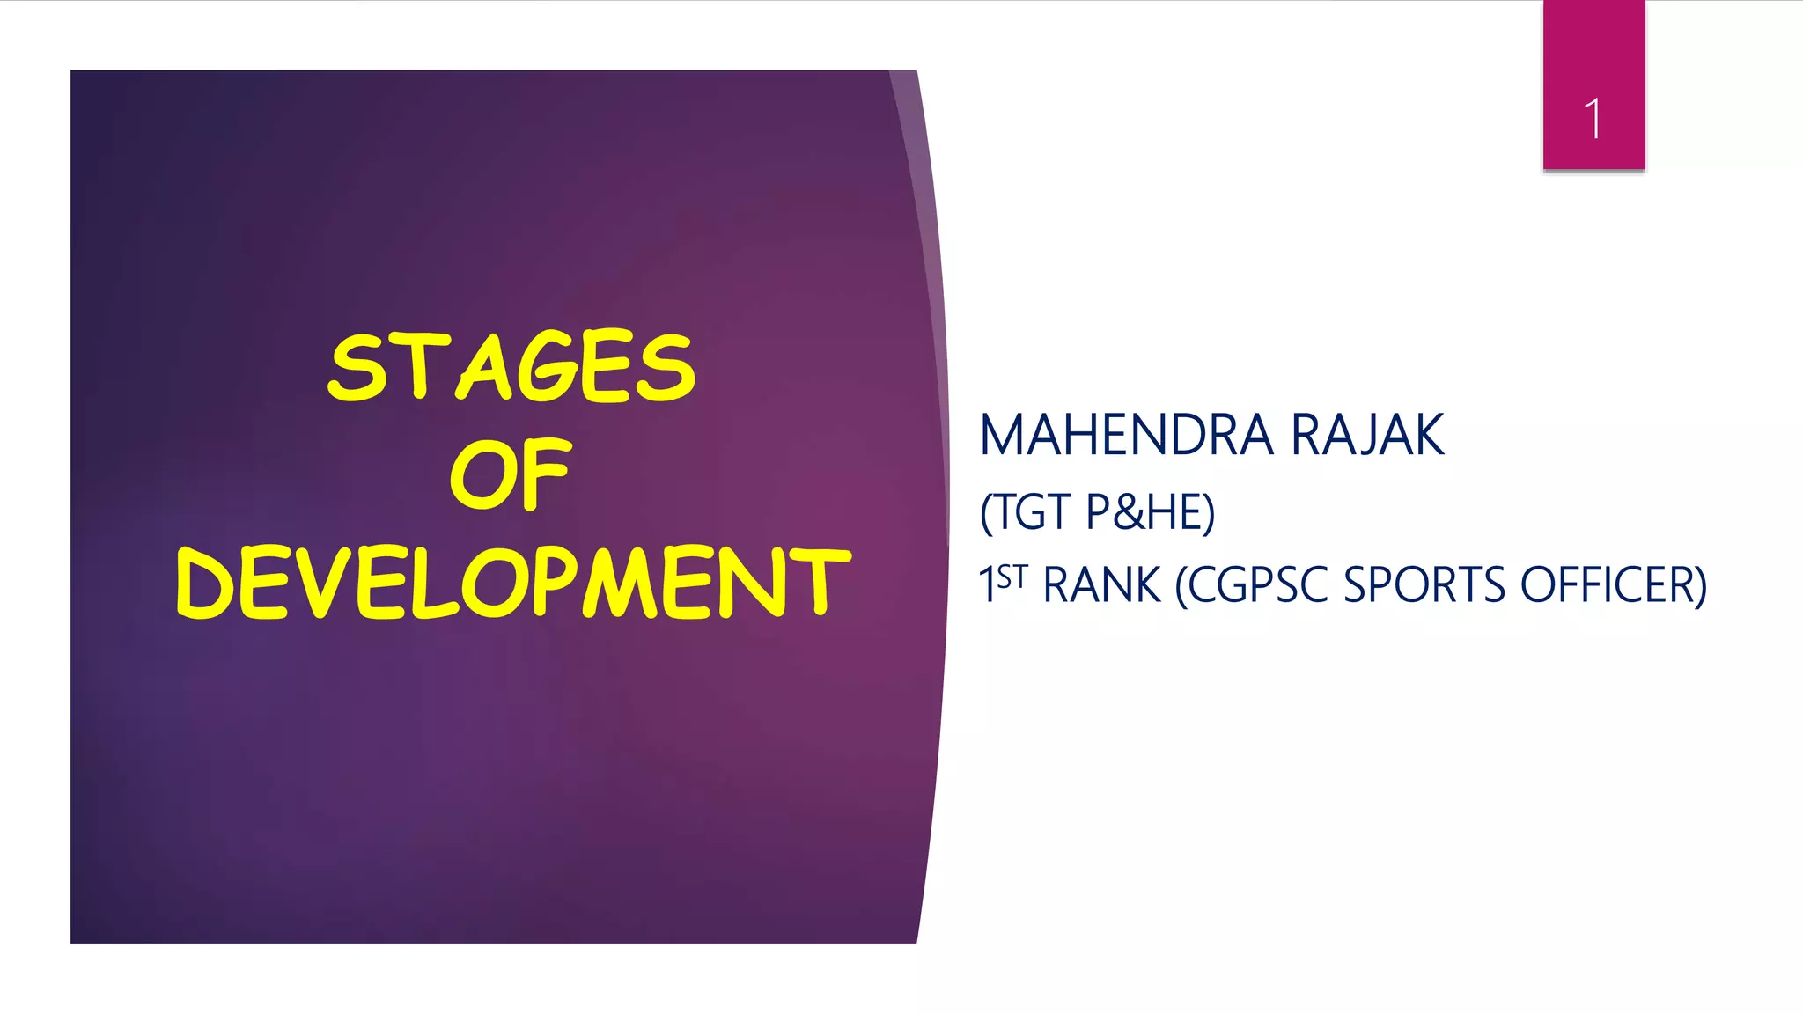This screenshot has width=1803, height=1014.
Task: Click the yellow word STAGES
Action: [x=511, y=367]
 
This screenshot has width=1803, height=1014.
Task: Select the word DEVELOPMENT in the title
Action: [x=513, y=582]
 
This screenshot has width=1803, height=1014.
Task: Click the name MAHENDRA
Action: [x=1126, y=435]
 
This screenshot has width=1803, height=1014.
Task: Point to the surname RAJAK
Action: [x=1366, y=435]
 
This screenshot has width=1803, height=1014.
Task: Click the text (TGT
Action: [x=1025, y=512]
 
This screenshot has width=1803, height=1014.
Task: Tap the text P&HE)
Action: [x=1150, y=512]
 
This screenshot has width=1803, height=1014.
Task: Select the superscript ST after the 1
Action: [x=1012, y=577]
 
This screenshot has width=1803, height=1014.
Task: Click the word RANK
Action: [x=1101, y=585]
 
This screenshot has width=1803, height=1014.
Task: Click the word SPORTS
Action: [x=1424, y=585]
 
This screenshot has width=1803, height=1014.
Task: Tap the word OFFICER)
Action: [x=1613, y=585]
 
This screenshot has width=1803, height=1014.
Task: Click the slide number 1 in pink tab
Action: [x=1593, y=119]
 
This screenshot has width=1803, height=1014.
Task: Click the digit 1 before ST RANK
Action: [x=987, y=584]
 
